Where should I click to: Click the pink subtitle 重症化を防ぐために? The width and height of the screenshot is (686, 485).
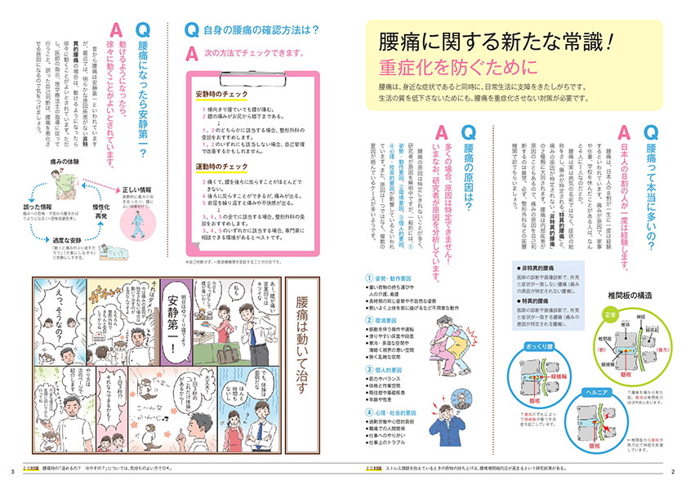coord(452,66)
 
